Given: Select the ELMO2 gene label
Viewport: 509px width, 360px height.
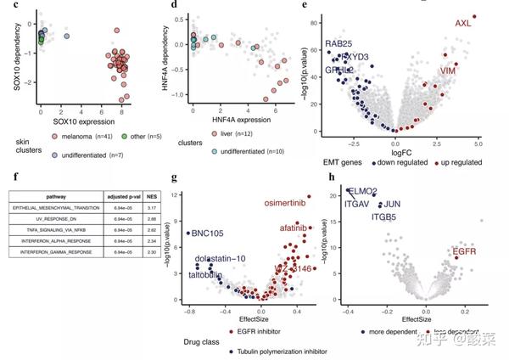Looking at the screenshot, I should point(361,192).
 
